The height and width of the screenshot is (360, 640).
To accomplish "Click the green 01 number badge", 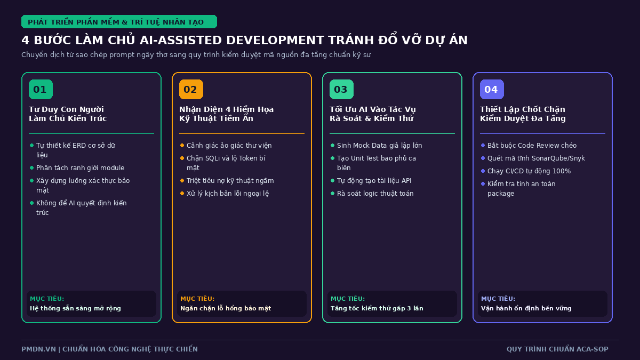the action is coord(41,90).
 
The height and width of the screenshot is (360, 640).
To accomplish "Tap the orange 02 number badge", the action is coord(191,90).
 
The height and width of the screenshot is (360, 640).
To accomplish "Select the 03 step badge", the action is coord(341,90).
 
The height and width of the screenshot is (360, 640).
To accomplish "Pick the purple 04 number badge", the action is coord(492,90).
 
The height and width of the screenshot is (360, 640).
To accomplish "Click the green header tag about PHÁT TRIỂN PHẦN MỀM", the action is coord(119,22).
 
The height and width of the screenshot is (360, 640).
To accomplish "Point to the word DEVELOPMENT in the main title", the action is coord(274,41).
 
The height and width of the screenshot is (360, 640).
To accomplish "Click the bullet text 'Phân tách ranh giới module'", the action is coord(81,167).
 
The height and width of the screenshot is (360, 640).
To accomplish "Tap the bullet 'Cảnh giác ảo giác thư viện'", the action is coord(229,146).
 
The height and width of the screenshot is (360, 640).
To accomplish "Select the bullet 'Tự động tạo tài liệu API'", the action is coord(374,181).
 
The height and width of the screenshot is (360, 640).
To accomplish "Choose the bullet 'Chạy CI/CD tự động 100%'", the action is coord(529,171).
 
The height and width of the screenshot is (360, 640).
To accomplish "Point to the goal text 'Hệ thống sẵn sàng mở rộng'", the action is coord(75,308).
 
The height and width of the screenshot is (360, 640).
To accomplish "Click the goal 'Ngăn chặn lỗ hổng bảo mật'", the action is coord(226,308).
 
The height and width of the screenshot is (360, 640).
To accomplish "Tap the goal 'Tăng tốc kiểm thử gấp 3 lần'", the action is coord(377,308).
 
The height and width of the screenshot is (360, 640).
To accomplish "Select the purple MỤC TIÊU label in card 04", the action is coord(498,299).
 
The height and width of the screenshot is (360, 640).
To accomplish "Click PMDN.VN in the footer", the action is coord(38,349).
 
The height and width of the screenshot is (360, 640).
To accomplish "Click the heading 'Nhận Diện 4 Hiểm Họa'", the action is coord(226,109).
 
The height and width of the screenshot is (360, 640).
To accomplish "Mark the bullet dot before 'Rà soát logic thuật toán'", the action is coord(332,194).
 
